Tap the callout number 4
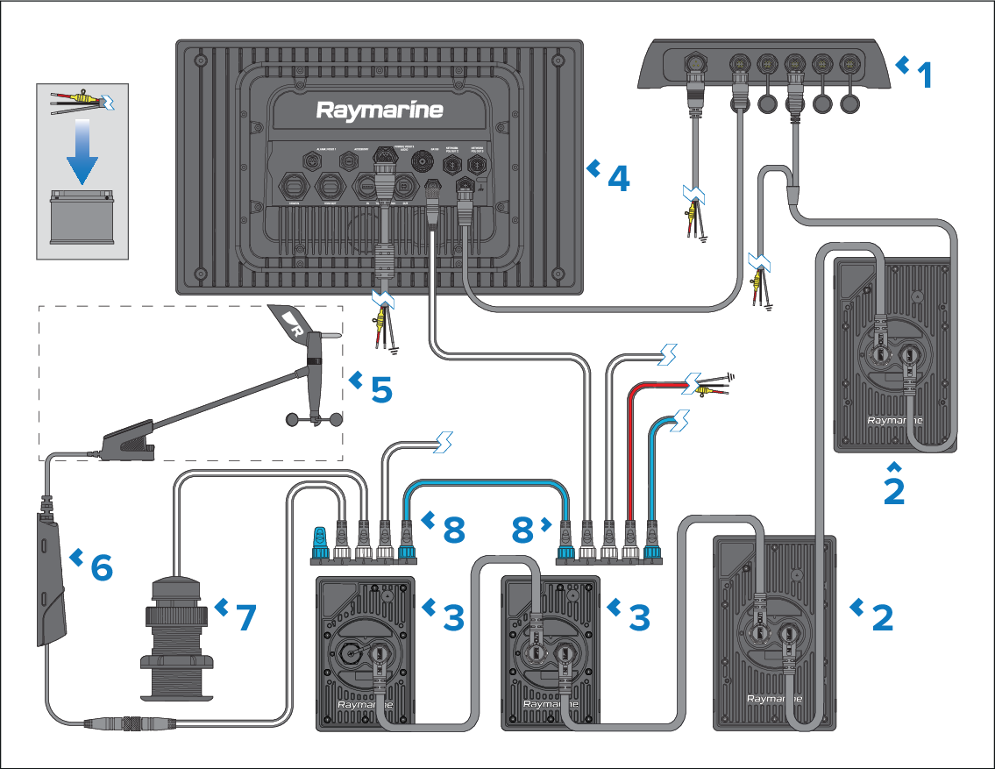pos(618,178)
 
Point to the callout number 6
pos(102,567)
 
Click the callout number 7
pos(245,616)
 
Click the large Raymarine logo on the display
pos(379,110)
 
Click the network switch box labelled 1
pos(763,66)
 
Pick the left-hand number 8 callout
pos(452,528)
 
